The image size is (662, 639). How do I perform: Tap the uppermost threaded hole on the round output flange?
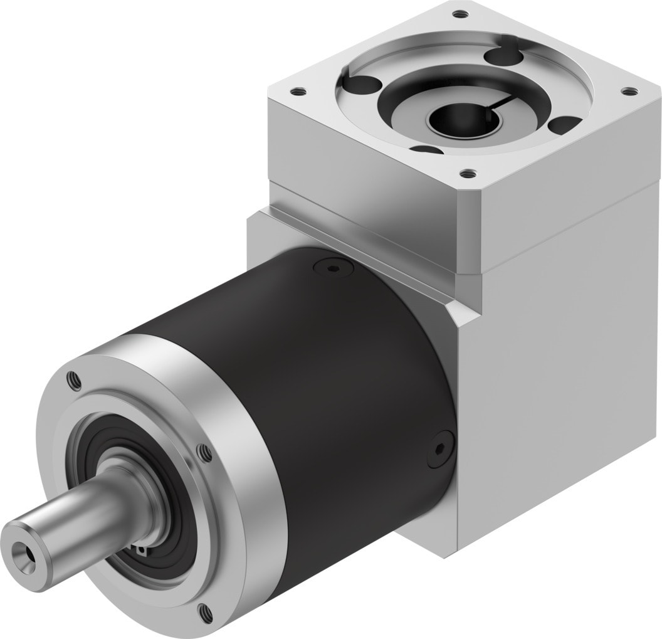[70, 378]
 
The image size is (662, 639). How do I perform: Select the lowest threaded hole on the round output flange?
[202, 608]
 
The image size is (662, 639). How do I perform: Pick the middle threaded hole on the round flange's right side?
[202, 450]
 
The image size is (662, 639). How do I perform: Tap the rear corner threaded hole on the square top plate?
[461, 13]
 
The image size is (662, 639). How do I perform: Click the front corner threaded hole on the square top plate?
[465, 171]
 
